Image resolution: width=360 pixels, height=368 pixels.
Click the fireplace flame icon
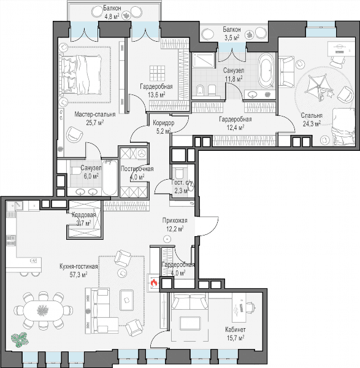pyautogui.click(x=154, y=283)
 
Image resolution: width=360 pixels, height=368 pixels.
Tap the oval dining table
pyautogui.click(x=43, y=310)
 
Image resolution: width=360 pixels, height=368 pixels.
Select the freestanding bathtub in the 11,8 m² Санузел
pyautogui.click(x=266, y=71)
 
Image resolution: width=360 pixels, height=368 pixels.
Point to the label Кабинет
pyautogui.click(x=236, y=329)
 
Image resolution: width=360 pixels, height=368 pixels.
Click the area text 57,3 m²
pyautogui.click(x=79, y=275)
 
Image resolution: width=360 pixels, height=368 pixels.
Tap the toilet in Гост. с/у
pyautogui.click(x=180, y=173)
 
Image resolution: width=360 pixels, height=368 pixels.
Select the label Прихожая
pyautogui.click(x=175, y=220)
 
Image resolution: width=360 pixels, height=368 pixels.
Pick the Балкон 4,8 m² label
pyautogui.click(x=112, y=12)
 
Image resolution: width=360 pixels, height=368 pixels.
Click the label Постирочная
pyautogui.click(x=137, y=169)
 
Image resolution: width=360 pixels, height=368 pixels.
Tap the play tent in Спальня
pyautogui.click(x=317, y=86)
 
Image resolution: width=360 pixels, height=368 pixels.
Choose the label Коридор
pyautogui.click(x=164, y=123)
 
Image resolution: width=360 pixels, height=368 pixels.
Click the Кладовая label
pyautogui.click(x=84, y=215)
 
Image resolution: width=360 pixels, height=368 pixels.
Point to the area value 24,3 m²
pyautogui.click(x=312, y=123)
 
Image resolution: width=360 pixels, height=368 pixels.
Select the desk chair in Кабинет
pyautogui.click(x=250, y=307)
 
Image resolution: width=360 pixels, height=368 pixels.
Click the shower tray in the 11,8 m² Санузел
pyautogui.click(x=203, y=60)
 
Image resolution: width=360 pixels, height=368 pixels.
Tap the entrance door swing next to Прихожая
pyautogui.click(x=208, y=225)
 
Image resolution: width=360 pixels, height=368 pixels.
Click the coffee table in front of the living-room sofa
pyautogui.click(x=127, y=301)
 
